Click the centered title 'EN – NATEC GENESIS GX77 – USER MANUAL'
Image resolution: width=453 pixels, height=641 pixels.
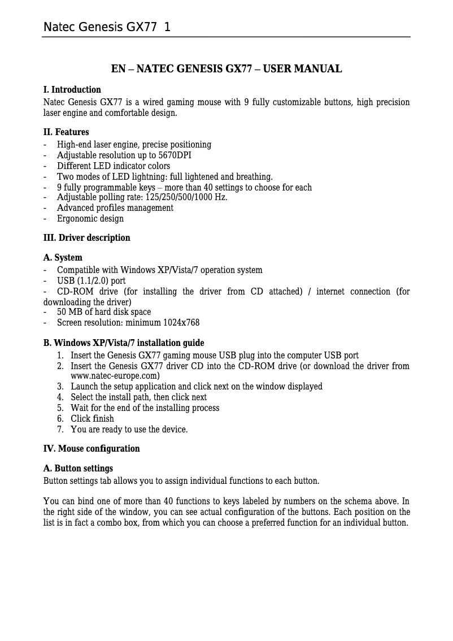click(x=226, y=70)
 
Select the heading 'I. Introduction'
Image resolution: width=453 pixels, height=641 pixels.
click(x=72, y=90)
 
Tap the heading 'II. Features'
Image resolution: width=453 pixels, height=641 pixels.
click(x=66, y=133)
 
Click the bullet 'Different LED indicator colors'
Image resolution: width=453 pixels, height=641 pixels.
click(x=114, y=166)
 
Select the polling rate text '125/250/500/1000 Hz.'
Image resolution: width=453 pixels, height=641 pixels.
click(x=188, y=197)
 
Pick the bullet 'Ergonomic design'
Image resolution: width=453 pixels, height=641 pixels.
click(x=90, y=219)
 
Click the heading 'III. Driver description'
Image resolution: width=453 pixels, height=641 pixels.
click(x=87, y=238)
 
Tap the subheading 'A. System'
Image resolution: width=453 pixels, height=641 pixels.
click(x=63, y=258)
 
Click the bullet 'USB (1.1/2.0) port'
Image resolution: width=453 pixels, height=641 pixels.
click(x=92, y=281)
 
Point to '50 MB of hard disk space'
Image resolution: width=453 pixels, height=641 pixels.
click(x=104, y=312)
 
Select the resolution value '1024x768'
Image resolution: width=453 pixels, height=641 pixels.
click(x=181, y=323)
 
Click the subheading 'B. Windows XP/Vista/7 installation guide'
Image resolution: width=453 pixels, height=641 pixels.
click(x=124, y=343)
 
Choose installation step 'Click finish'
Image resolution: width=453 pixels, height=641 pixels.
click(x=92, y=419)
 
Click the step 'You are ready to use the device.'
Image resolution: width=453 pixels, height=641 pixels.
click(x=129, y=430)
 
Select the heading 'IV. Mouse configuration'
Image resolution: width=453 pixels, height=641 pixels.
click(x=92, y=449)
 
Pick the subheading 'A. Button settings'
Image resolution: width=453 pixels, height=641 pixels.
click(x=78, y=469)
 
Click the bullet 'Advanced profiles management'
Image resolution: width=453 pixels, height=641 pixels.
click(x=115, y=208)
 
